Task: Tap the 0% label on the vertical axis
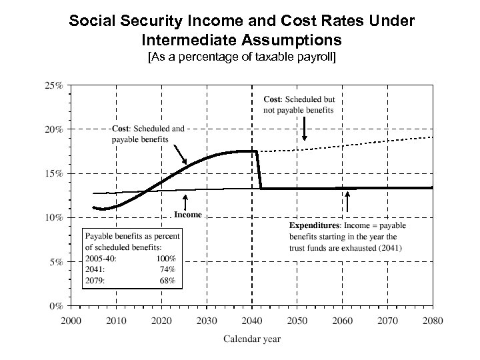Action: pyautogui.click(x=57, y=306)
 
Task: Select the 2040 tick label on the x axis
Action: pyautogui.click(x=252, y=320)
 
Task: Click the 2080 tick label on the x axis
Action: pyautogui.click(x=433, y=320)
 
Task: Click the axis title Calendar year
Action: pyautogui.click(x=251, y=339)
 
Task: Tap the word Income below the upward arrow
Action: pyautogui.click(x=187, y=215)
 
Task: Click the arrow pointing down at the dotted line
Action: pyautogui.click(x=304, y=129)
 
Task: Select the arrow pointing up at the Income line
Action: pyautogui.click(x=185, y=201)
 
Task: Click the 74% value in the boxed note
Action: pyautogui.click(x=167, y=269)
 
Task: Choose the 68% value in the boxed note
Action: pyautogui.click(x=167, y=281)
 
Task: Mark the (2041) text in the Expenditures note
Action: pyautogui.click(x=388, y=248)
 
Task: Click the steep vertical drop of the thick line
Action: pyautogui.click(x=259, y=170)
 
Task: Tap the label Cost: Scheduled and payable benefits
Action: pyautogui.click(x=147, y=133)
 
